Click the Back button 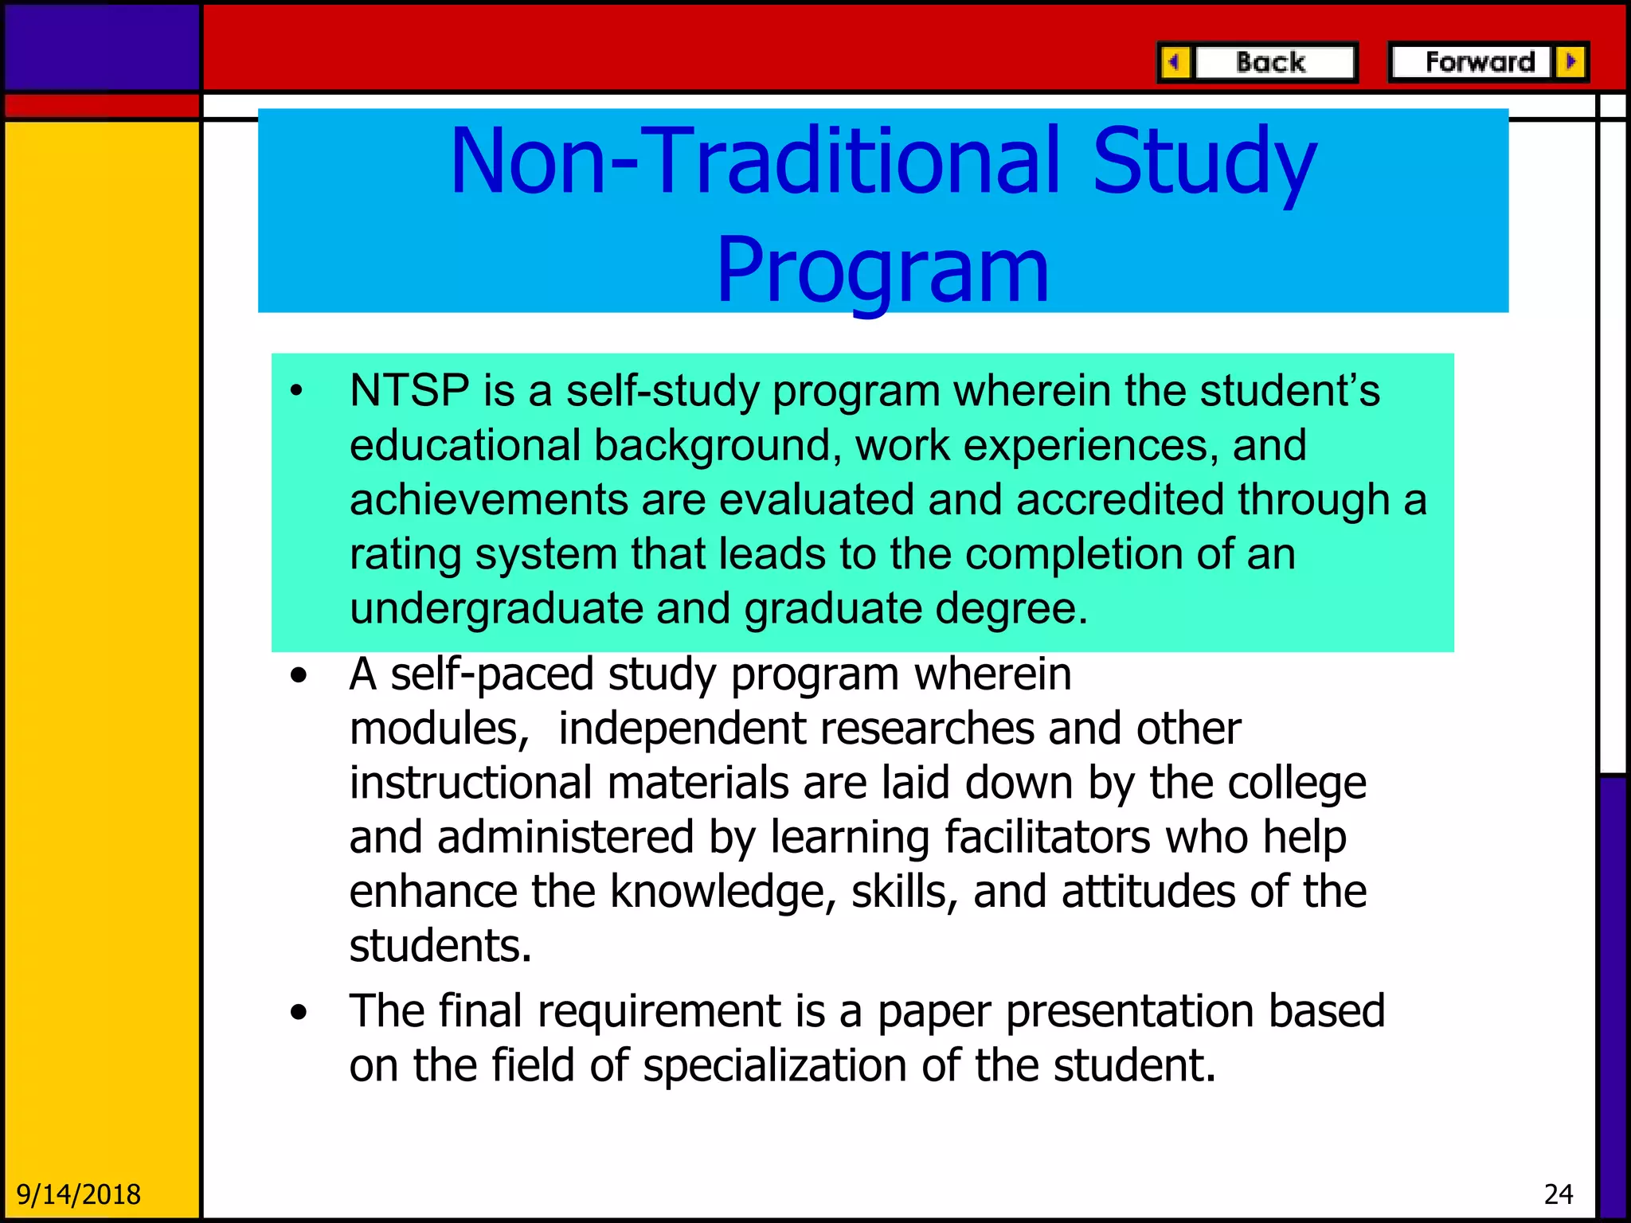point(1272,62)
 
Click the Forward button point(1478,62)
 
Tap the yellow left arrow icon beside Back point(1175,62)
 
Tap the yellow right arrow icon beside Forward point(1570,62)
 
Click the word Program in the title point(882,271)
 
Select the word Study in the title point(1203,162)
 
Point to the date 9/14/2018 point(78,1194)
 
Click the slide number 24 point(1558,1194)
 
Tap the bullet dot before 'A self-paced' point(299,677)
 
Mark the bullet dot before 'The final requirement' point(299,1013)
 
